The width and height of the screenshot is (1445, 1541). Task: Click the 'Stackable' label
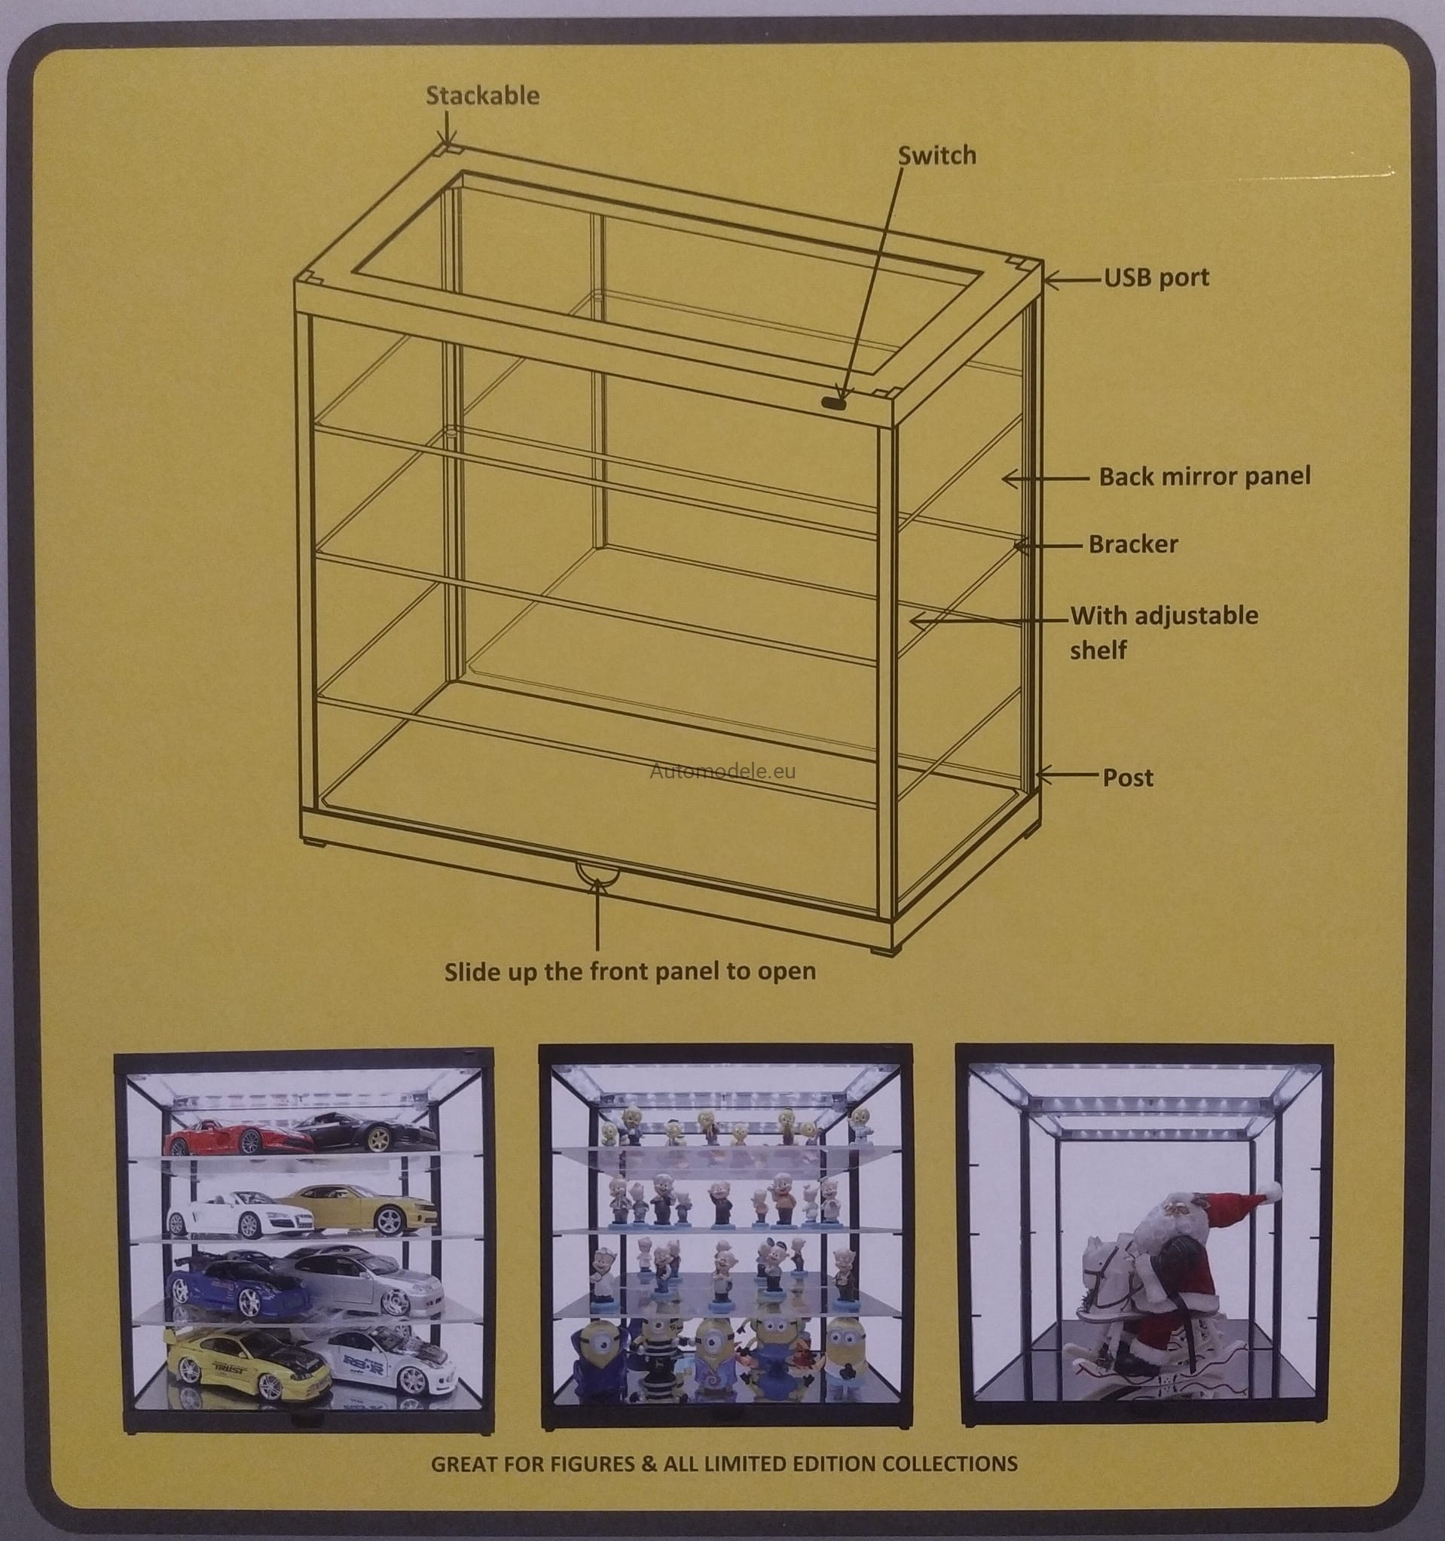tap(482, 96)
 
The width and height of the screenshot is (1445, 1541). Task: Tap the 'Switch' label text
tap(937, 155)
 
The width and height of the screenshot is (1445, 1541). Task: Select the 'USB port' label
tap(1156, 278)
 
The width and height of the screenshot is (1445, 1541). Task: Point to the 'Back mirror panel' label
tap(1205, 476)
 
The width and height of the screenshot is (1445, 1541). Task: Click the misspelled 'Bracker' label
tap(1133, 544)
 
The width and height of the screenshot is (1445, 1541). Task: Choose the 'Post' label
tap(1128, 778)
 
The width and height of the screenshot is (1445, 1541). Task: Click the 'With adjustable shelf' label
tap(1163, 632)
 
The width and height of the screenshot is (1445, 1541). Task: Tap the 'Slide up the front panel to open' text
tap(630, 972)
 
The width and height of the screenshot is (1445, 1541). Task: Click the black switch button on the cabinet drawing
tap(834, 402)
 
